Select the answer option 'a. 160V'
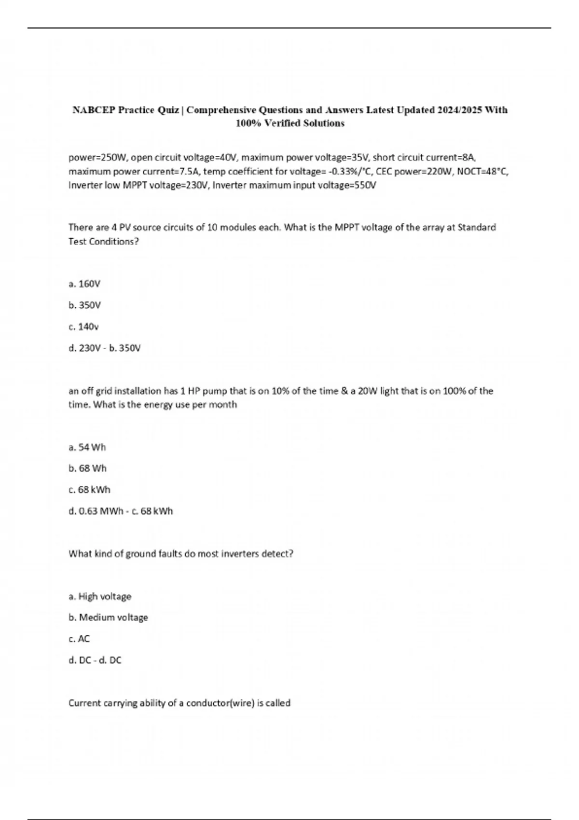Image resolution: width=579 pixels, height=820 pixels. pos(84,284)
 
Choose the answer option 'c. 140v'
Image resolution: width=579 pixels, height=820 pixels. pos(83,327)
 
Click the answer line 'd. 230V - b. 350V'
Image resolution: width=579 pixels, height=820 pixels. pos(105,348)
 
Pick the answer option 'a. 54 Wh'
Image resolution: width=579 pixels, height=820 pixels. pos(87,447)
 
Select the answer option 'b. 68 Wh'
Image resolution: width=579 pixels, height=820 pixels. pos(87,468)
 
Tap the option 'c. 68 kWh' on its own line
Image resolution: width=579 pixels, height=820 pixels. pos(89,490)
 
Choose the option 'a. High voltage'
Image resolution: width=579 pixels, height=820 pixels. pos(100,596)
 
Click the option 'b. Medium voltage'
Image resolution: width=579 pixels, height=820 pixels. pos(108,617)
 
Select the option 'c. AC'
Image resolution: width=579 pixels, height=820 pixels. pos(79,639)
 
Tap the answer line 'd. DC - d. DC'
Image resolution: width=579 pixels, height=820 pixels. pos(95,660)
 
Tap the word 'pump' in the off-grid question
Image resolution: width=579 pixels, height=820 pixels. pos(215,391)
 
